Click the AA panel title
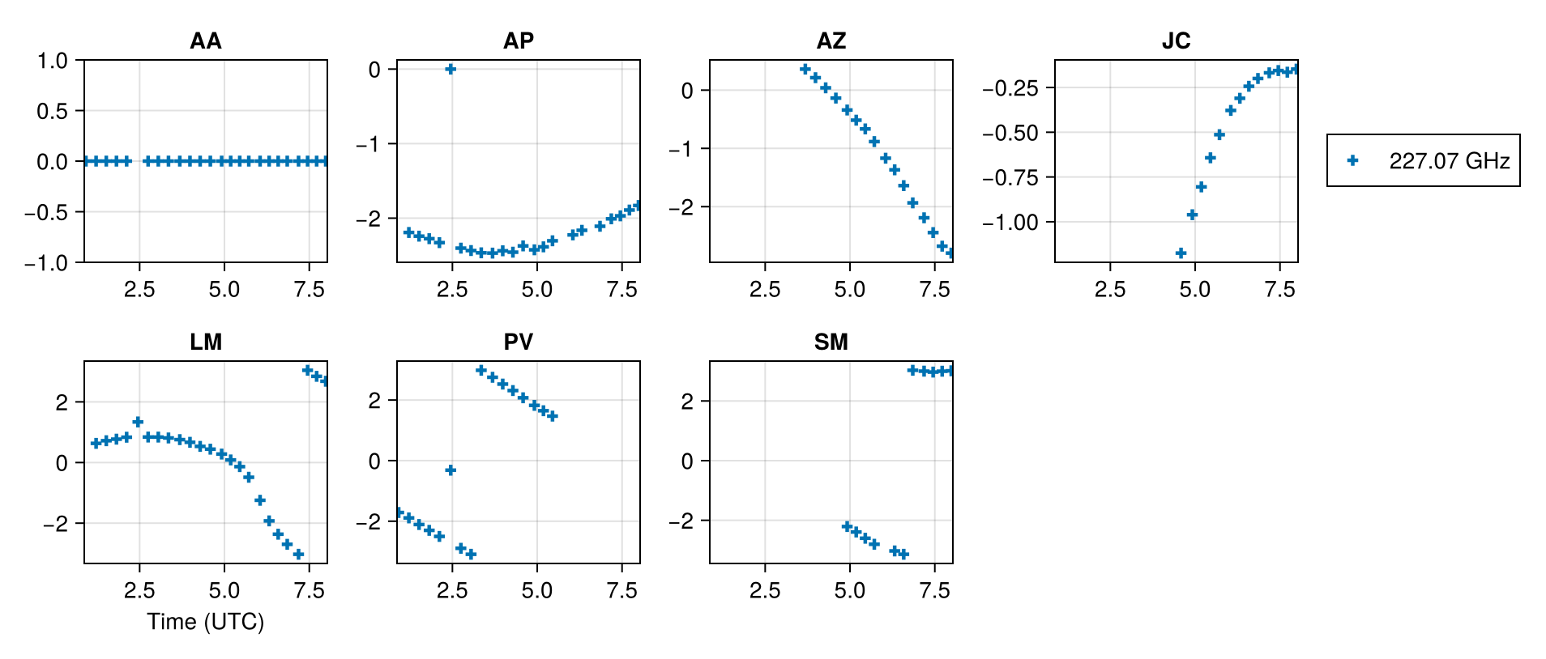coord(205,40)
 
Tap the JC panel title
coord(1176,40)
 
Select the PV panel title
coord(518,342)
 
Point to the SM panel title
coord(831,342)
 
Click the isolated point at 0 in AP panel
coord(451,70)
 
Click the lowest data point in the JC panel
coord(1181,253)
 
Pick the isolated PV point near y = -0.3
coord(451,470)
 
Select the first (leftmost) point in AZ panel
coord(805,70)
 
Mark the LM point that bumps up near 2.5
coord(138,422)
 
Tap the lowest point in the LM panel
coord(298,555)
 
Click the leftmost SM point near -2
coord(847,526)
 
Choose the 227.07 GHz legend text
coord(1449,161)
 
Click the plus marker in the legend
coord(1352,160)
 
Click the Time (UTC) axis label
coord(205,622)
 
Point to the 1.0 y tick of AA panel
coord(52,61)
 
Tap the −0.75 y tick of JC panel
coord(1010,178)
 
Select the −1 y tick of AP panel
coord(369,145)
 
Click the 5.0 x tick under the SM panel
coord(849,591)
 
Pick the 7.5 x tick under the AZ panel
coord(934,290)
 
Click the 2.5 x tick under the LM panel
coord(139,591)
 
